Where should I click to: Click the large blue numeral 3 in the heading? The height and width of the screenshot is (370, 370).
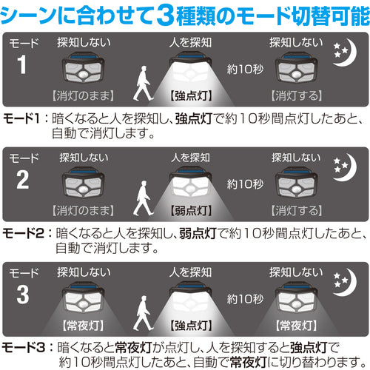click(x=166, y=16)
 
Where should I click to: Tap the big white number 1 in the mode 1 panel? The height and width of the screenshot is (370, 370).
click(x=22, y=64)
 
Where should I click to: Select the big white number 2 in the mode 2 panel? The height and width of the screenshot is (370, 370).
click(x=23, y=180)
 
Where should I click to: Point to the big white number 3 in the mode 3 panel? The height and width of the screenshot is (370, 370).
click(x=23, y=295)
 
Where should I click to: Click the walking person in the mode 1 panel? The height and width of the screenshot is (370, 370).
click(x=143, y=83)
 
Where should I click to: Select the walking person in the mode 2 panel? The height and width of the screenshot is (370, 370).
click(x=143, y=198)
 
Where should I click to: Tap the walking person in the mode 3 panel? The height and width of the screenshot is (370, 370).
click(x=143, y=313)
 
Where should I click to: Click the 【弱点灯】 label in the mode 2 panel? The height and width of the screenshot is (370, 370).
click(x=191, y=211)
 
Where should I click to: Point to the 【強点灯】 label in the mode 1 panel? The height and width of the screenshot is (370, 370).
click(x=191, y=95)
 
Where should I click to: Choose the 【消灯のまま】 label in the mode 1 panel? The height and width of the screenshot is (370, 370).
click(x=83, y=95)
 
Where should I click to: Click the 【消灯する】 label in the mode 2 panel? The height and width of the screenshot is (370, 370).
click(x=297, y=211)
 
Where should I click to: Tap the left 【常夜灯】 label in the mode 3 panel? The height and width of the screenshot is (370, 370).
click(x=83, y=326)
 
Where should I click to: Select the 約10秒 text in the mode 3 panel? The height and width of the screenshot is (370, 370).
click(x=245, y=299)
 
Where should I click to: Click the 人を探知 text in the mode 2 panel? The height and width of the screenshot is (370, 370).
click(x=190, y=158)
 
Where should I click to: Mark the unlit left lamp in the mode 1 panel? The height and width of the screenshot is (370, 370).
click(x=83, y=67)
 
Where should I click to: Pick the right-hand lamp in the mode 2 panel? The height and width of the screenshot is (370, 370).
click(x=296, y=182)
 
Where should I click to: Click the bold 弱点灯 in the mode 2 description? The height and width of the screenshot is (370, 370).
click(x=198, y=233)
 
